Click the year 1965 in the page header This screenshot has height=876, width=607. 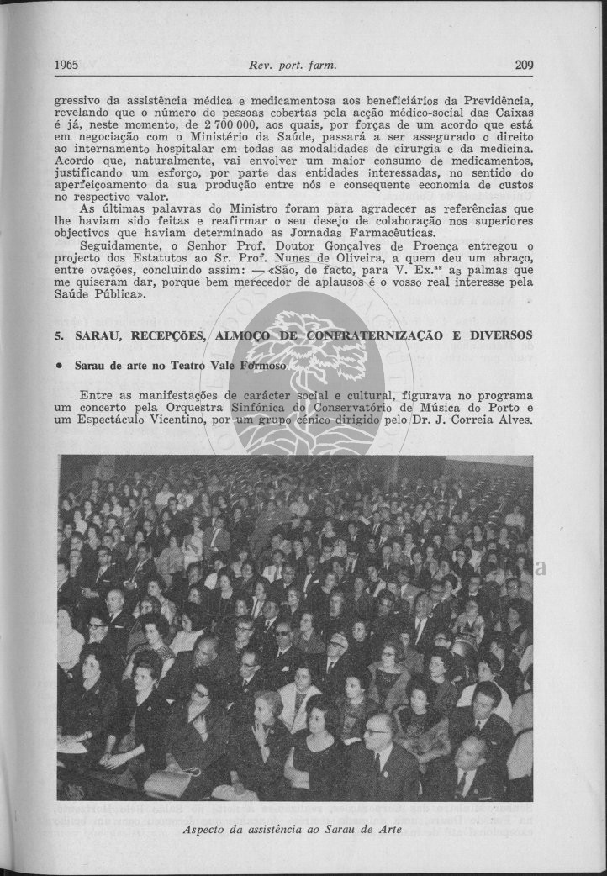tap(66, 65)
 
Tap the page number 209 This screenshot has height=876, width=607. tap(525, 65)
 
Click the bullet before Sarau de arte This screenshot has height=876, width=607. tap(60, 367)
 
